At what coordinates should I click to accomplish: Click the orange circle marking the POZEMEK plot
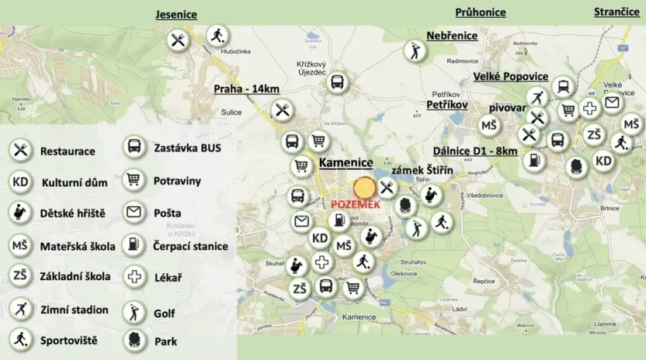(364, 189)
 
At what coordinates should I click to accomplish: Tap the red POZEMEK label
(355, 204)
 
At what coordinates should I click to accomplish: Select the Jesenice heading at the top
(176, 15)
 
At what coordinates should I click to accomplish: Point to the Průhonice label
(480, 12)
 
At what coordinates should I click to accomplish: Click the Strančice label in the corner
(616, 12)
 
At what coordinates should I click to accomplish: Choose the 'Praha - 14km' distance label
(246, 88)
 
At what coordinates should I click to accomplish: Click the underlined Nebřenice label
(452, 36)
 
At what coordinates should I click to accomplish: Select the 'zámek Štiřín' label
(422, 170)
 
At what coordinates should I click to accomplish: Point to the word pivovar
(507, 108)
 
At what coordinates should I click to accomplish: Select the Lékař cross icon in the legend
(134, 277)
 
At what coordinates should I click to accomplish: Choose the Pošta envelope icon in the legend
(134, 213)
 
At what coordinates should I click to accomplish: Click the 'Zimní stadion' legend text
(74, 310)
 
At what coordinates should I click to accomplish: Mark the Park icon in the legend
(134, 341)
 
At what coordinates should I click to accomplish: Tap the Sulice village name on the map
(231, 112)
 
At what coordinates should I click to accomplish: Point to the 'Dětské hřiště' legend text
(73, 213)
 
